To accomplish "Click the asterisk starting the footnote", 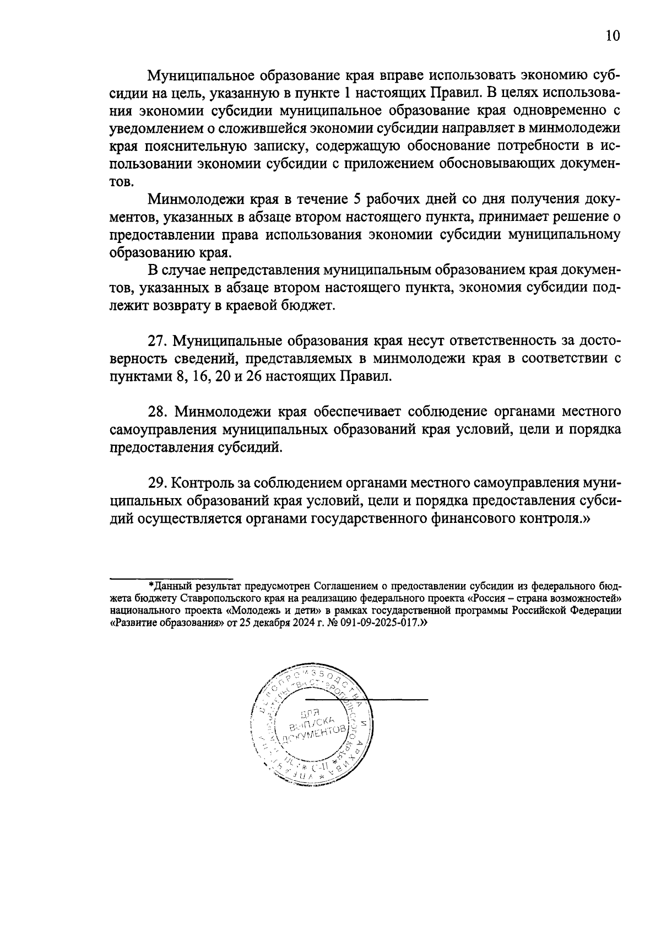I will point(151,585).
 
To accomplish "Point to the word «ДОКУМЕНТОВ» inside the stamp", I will point(315,736).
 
